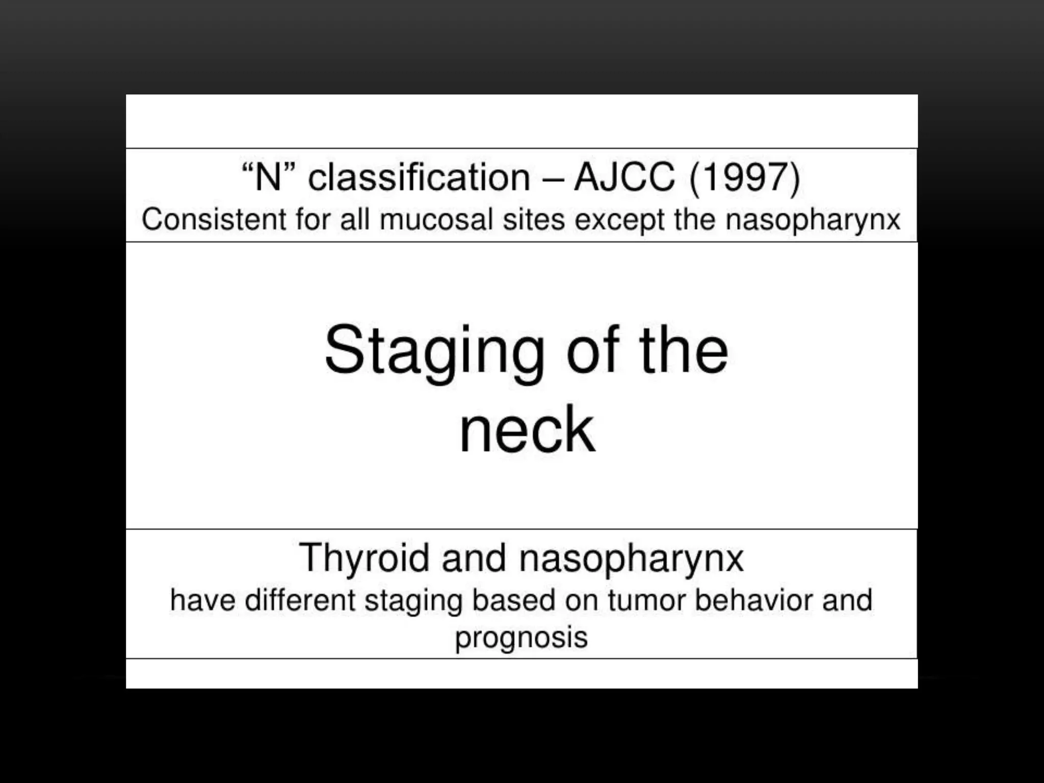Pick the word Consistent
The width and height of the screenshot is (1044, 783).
(x=214, y=220)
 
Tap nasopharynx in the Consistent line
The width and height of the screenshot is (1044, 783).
(x=813, y=221)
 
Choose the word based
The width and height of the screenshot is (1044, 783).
(x=513, y=600)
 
